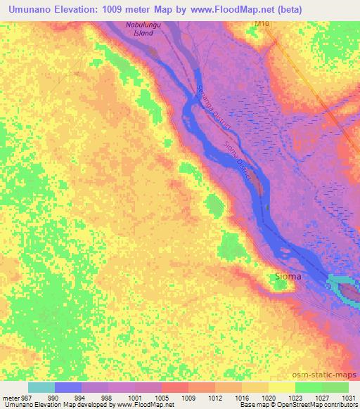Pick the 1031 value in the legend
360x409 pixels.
tap(348, 397)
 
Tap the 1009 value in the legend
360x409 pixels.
tap(188, 397)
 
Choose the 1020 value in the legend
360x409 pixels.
tap(269, 397)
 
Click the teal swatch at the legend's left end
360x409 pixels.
tap(41, 387)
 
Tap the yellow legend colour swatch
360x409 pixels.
tap(282, 387)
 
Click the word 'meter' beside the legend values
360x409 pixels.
tap(9, 397)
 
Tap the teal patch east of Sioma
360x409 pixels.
tap(342, 287)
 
